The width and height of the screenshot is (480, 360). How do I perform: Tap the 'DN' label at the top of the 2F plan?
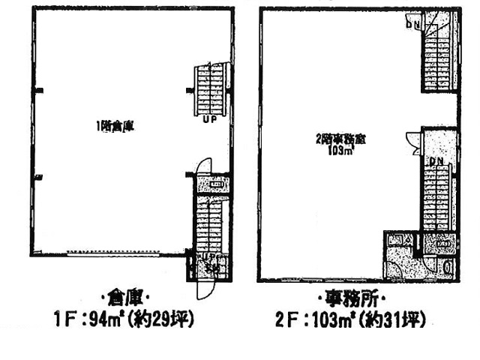pos(413,24)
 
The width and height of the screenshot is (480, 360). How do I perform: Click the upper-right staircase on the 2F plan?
pos(438,56)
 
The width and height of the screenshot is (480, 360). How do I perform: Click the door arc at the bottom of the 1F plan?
pos(200,281)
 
